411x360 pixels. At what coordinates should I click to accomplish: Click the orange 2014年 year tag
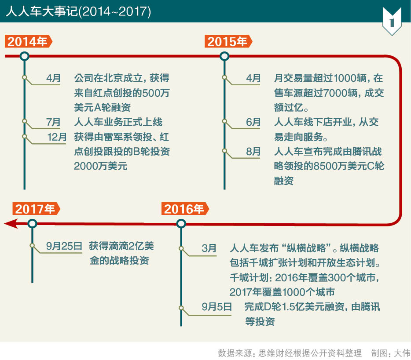(28, 42)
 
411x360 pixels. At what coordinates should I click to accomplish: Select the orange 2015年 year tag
(228, 42)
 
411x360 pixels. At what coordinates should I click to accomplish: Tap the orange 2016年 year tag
(185, 209)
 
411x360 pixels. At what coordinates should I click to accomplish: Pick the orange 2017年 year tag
(36, 209)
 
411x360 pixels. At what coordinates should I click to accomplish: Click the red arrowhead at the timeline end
(11, 223)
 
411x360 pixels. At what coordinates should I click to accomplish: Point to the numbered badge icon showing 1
(392, 22)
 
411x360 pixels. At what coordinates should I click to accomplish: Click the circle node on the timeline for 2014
(25, 56)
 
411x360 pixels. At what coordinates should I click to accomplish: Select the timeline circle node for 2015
(224, 56)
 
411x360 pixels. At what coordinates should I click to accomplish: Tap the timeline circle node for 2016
(181, 224)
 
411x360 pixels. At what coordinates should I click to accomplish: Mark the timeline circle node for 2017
(32, 224)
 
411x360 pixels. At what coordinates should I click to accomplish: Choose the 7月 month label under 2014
(53, 122)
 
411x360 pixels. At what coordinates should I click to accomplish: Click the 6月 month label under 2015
(253, 122)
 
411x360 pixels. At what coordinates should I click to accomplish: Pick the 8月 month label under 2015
(253, 151)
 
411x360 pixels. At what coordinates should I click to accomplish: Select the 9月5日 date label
(217, 306)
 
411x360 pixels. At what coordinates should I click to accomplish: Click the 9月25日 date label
(64, 246)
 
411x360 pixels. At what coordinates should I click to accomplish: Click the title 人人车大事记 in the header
(42, 11)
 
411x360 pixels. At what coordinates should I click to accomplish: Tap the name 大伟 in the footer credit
(402, 353)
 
